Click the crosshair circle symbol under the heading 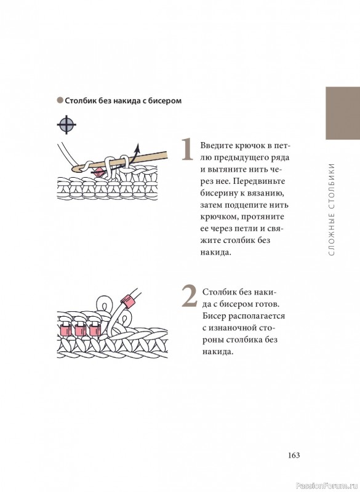pyautogui.click(x=66, y=125)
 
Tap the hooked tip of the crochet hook pyautogui.click(x=74, y=169)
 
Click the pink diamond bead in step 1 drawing pyautogui.click(x=99, y=172)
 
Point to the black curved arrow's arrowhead pyautogui.click(x=137, y=146)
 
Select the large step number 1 pyautogui.click(x=187, y=149)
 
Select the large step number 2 pyautogui.click(x=190, y=296)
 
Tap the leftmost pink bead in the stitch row pyautogui.click(x=65, y=330)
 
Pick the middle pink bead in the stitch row pyautogui.click(x=80, y=330)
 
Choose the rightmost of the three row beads pyautogui.click(x=95, y=330)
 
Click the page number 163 pyautogui.click(x=294, y=455)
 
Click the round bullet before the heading pyautogui.click(x=60, y=100)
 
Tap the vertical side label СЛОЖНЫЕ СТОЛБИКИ pyautogui.click(x=332, y=208)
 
